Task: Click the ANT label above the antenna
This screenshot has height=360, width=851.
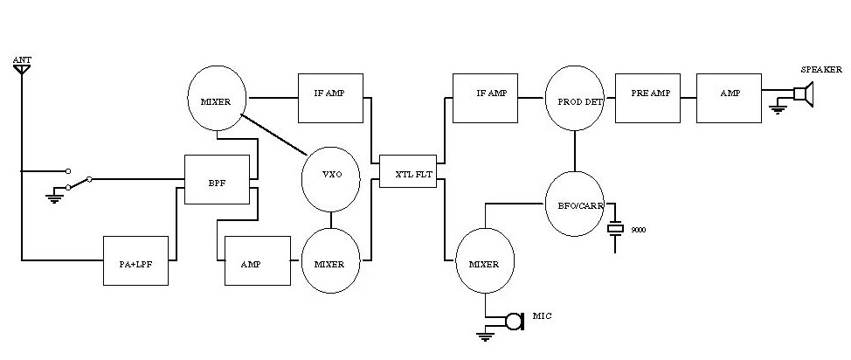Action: [21, 59]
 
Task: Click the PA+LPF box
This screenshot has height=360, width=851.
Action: [135, 260]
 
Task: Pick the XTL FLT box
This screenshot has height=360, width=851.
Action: [407, 172]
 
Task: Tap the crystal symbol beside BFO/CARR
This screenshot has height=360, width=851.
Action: [617, 228]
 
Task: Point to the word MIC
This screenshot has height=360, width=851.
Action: [543, 315]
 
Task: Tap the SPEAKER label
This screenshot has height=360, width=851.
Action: [821, 70]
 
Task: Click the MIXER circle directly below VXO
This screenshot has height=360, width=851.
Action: [330, 260]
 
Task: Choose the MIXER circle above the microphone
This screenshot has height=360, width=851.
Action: [484, 261]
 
